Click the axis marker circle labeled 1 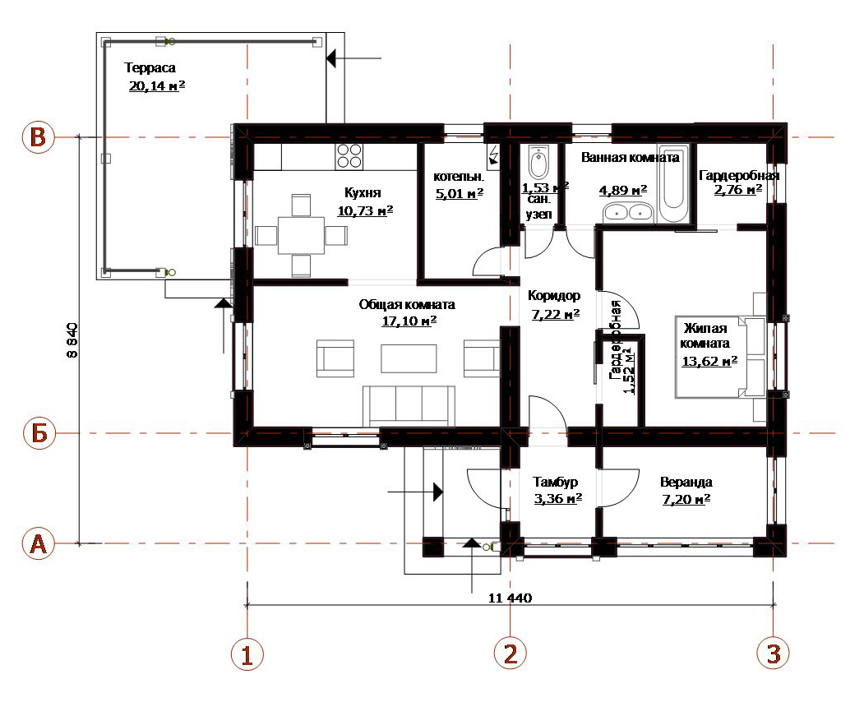click(x=247, y=654)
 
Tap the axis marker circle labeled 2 click(x=511, y=654)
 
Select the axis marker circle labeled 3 click(x=773, y=654)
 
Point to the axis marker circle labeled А click(x=39, y=543)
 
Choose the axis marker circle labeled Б click(x=39, y=433)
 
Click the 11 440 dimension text click(x=511, y=598)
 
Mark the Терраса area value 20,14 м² click(x=157, y=86)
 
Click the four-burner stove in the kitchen click(x=349, y=156)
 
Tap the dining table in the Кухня click(x=301, y=236)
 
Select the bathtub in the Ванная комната click(x=673, y=183)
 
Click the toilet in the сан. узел click(x=538, y=162)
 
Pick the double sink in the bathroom click(x=627, y=212)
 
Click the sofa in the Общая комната click(x=409, y=406)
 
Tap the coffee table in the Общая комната click(x=409, y=358)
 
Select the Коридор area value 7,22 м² click(x=556, y=314)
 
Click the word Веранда click(x=686, y=483)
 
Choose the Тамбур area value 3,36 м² click(x=558, y=499)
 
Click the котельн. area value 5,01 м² click(x=460, y=193)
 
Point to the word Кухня click(x=363, y=193)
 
